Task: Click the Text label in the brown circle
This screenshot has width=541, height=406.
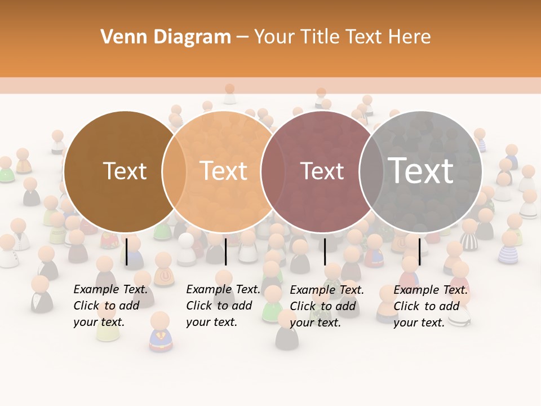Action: coord(125,171)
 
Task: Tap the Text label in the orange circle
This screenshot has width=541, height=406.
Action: coord(224,171)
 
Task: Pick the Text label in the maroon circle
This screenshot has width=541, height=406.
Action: coord(322,171)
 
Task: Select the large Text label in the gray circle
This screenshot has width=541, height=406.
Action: coord(421,170)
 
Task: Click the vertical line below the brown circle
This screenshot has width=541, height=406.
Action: coord(127,251)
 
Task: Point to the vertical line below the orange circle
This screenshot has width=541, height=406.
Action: coord(225,251)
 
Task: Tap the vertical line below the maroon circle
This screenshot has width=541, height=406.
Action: coord(325,251)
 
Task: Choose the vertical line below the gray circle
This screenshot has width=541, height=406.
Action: coord(420,251)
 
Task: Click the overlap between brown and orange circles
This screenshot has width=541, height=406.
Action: coord(174,171)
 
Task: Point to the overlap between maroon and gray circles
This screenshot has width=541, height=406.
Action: coord(372,171)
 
